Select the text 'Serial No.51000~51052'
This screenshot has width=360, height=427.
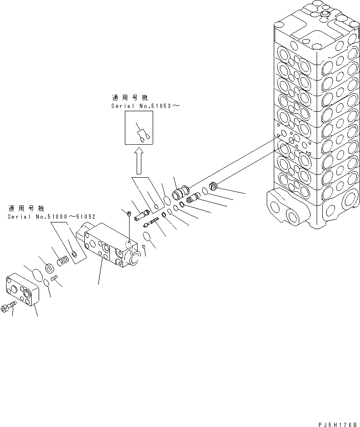pos(52,217)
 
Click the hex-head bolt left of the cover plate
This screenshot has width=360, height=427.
pos(9,307)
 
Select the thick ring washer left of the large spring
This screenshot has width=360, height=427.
pos(49,269)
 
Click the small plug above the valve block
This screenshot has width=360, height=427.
pos(129,214)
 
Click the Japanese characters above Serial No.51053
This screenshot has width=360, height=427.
pos(130,98)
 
